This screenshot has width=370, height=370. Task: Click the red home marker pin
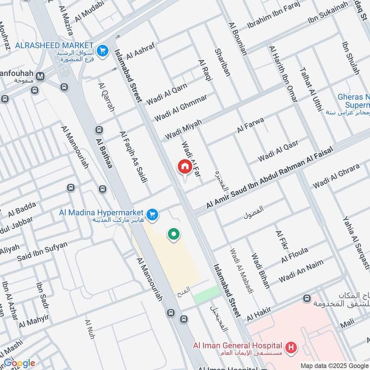(x=184, y=167)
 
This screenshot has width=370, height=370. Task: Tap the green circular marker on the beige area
(x=173, y=234)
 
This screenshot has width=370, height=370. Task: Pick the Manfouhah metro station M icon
(x=40, y=76)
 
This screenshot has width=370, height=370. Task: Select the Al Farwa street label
(x=250, y=125)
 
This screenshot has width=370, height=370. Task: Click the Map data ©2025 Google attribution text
(x=334, y=365)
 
